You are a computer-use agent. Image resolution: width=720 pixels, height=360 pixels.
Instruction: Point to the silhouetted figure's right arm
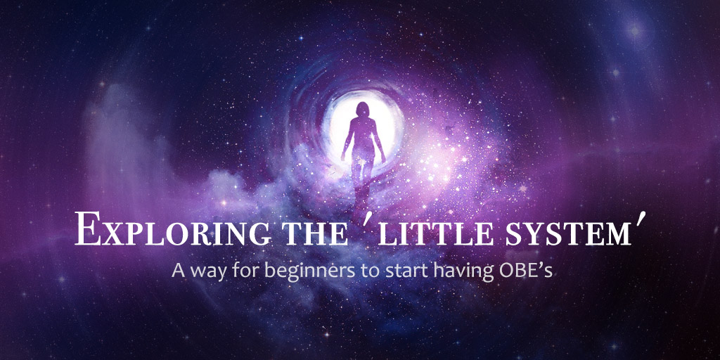[x=347, y=141]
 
